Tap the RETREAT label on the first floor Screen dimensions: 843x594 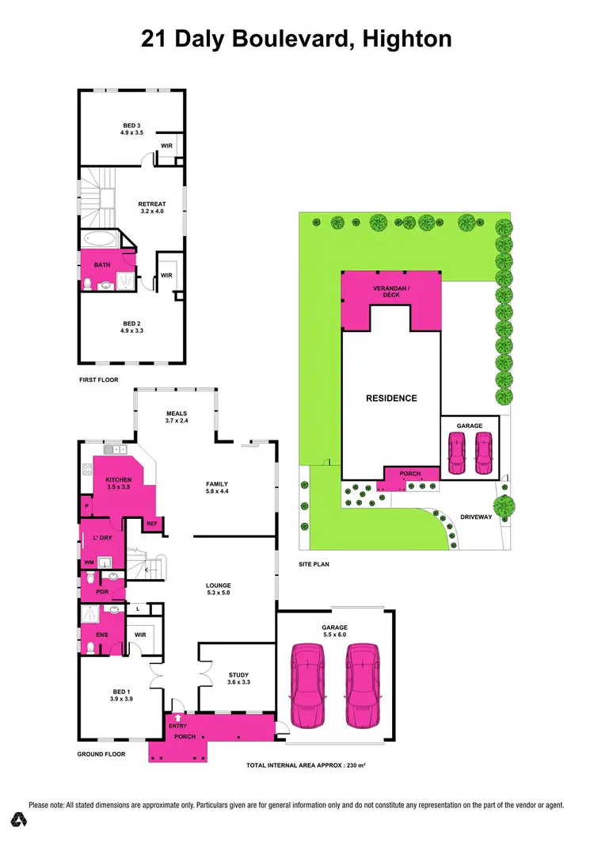click(x=152, y=204)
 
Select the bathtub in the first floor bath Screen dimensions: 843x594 click(x=99, y=238)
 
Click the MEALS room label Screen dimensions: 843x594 click(x=176, y=414)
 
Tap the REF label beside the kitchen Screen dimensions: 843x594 click(x=151, y=523)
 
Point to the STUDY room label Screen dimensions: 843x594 click(x=238, y=676)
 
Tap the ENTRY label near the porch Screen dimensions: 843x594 click(x=177, y=722)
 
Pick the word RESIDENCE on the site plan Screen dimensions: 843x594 click(x=390, y=398)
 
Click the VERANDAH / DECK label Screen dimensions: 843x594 click(x=390, y=291)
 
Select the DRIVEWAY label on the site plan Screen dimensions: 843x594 click(x=477, y=517)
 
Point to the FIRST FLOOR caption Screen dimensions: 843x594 click(x=99, y=380)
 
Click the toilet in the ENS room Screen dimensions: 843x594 click(x=91, y=648)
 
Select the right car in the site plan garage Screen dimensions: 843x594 click(x=482, y=453)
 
